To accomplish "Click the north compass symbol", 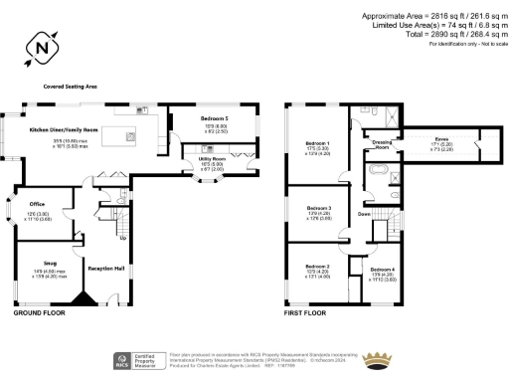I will point(40,46).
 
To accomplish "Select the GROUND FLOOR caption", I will point(40,312).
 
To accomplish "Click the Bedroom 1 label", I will point(318,144).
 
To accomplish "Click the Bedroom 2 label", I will point(317,267).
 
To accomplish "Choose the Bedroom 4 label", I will point(383,270).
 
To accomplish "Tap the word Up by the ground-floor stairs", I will point(122,238).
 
